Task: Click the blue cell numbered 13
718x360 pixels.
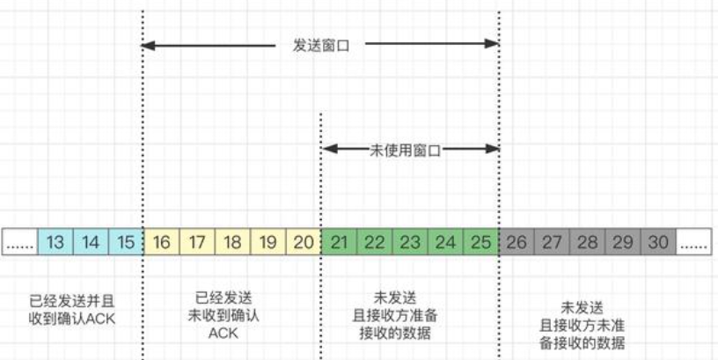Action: pyautogui.click(x=55, y=242)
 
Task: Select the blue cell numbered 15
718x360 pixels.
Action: pyautogui.click(x=126, y=242)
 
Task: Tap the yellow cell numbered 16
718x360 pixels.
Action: pyautogui.click(x=161, y=242)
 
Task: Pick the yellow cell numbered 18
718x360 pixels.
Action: pyautogui.click(x=232, y=242)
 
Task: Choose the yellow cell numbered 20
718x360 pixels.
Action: pyautogui.click(x=304, y=242)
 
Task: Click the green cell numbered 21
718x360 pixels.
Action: pyautogui.click(x=339, y=242)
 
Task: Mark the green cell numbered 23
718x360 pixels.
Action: pyautogui.click(x=410, y=242)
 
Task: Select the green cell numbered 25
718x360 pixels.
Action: pyautogui.click(x=481, y=242)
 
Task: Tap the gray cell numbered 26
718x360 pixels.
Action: pyautogui.click(x=517, y=242)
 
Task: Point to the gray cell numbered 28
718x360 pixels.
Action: pyautogui.click(x=588, y=242)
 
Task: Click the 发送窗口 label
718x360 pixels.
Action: pyautogui.click(x=320, y=44)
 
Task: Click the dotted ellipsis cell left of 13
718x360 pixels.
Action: pyautogui.click(x=19, y=242)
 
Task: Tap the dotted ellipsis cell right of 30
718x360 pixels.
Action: pyautogui.click(x=693, y=242)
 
